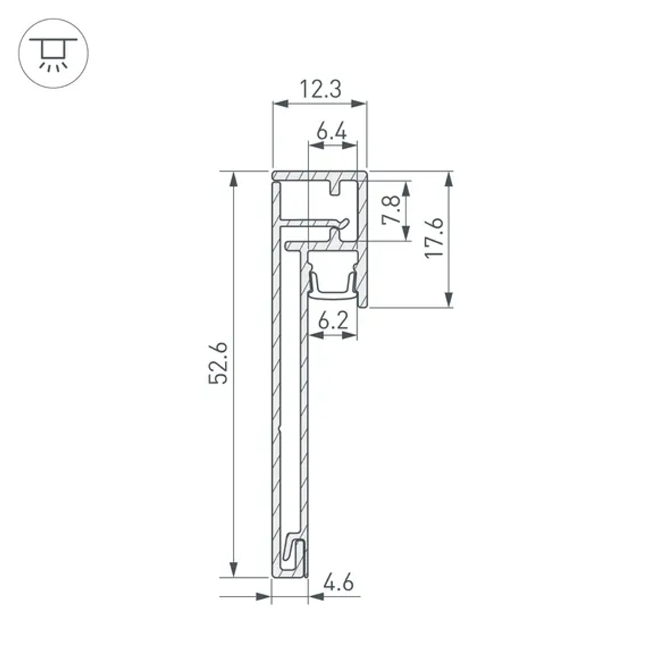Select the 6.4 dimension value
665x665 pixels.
(x=331, y=131)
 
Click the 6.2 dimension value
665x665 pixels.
(x=332, y=322)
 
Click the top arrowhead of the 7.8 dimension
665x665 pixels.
(x=406, y=188)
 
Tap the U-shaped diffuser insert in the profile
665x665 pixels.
(x=332, y=283)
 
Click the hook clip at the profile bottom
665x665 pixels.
(x=295, y=555)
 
